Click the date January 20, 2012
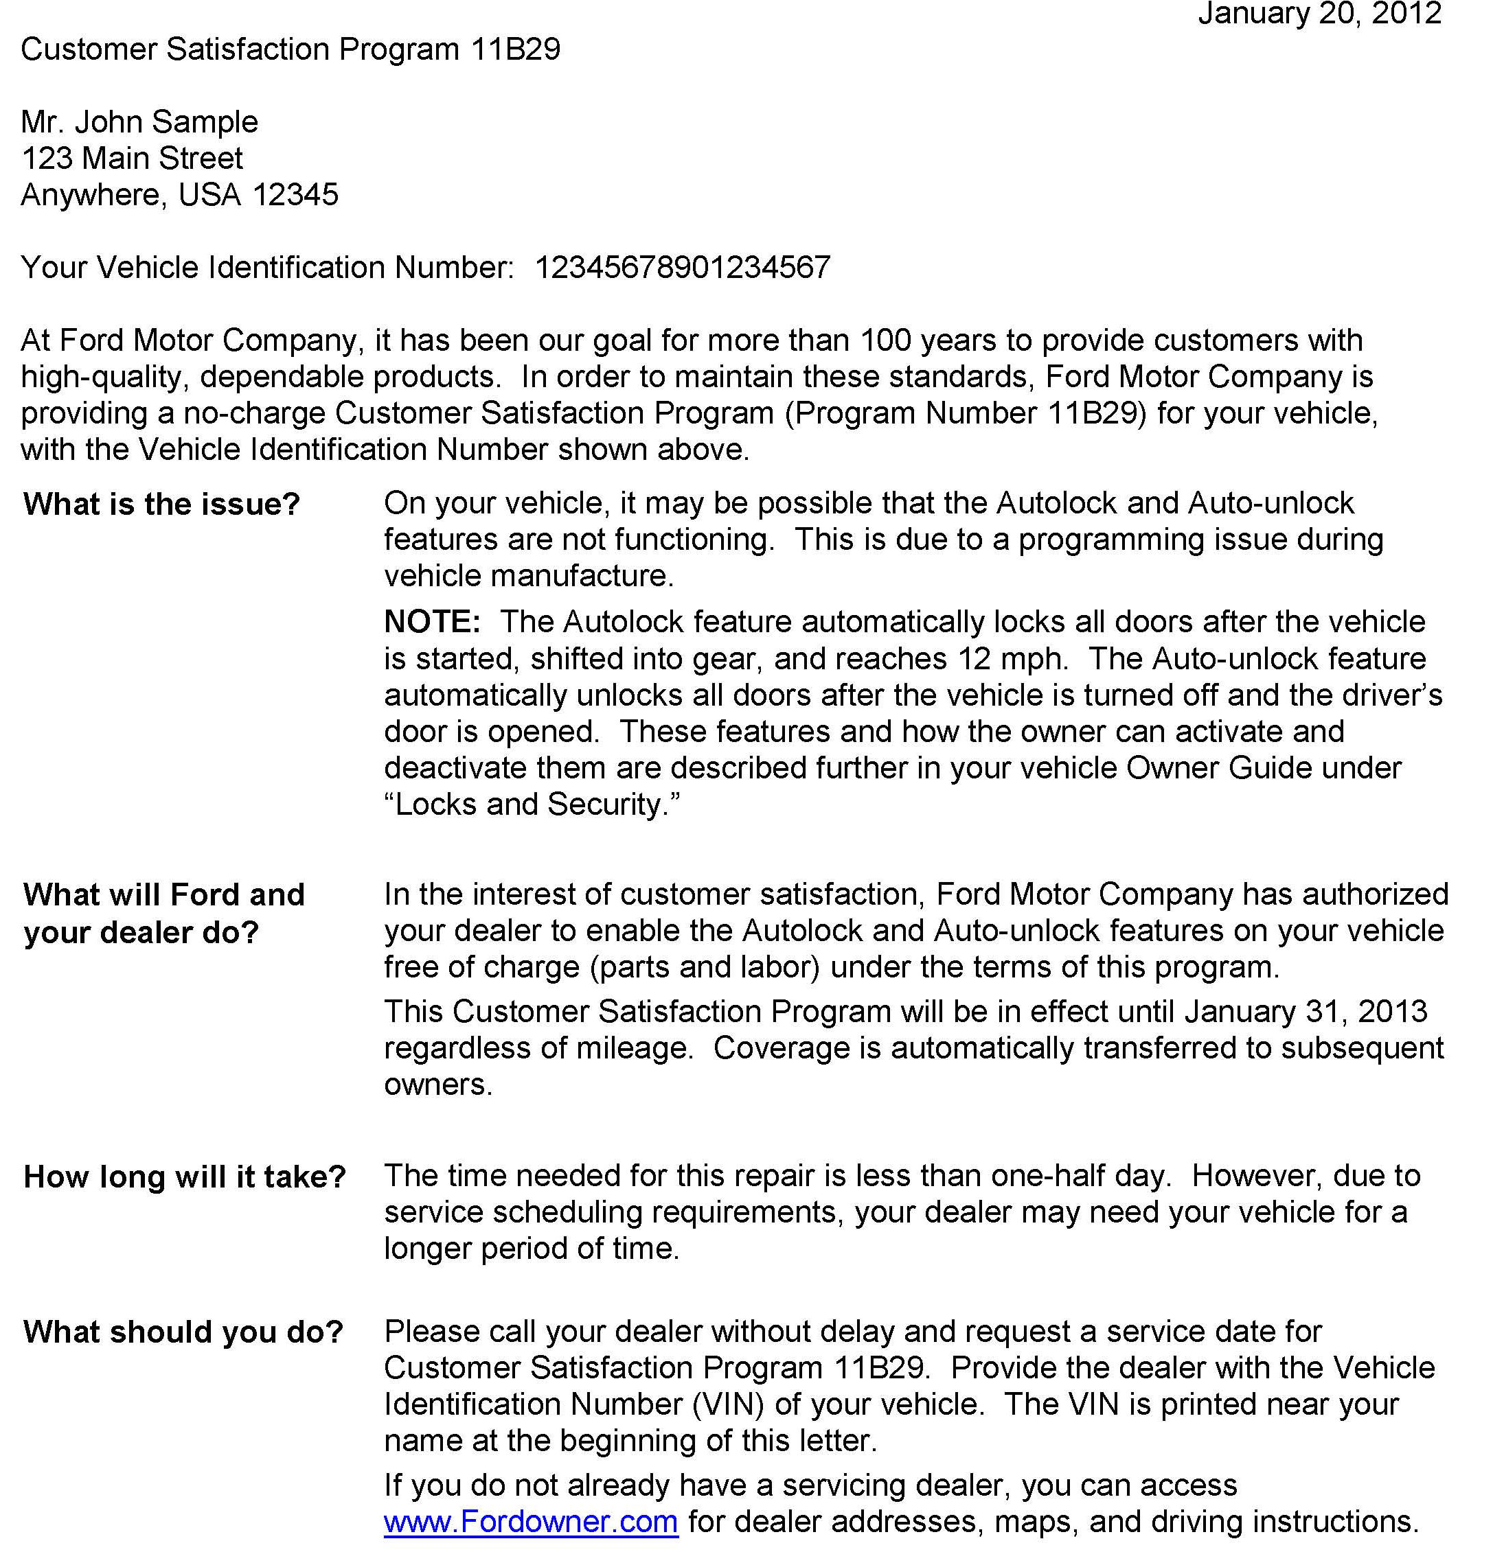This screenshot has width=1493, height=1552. [x=1319, y=14]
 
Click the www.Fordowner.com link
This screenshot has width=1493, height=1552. [x=531, y=1521]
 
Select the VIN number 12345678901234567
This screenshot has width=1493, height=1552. [x=682, y=268]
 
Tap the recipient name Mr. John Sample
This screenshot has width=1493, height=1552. [x=139, y=122]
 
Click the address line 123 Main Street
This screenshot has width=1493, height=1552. [x=131, y=159]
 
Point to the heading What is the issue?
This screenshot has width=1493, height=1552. [x=161, y=505]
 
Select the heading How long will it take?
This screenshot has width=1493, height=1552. [x=185, y=1177]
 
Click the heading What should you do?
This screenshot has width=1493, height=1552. [x=183, y=1332]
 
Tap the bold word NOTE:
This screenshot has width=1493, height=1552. [x=433, y=622]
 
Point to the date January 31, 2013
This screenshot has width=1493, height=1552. [x=1306, y=1011]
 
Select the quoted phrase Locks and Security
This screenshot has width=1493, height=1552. [x=532, y=804]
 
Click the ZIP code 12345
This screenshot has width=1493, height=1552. [x=295, y=195]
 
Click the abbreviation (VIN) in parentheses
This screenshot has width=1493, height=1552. [x=728, y=1404]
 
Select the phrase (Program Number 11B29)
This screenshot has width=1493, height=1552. [x=966, y=413]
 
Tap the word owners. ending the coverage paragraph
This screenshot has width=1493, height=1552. [x=438, y=1084]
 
